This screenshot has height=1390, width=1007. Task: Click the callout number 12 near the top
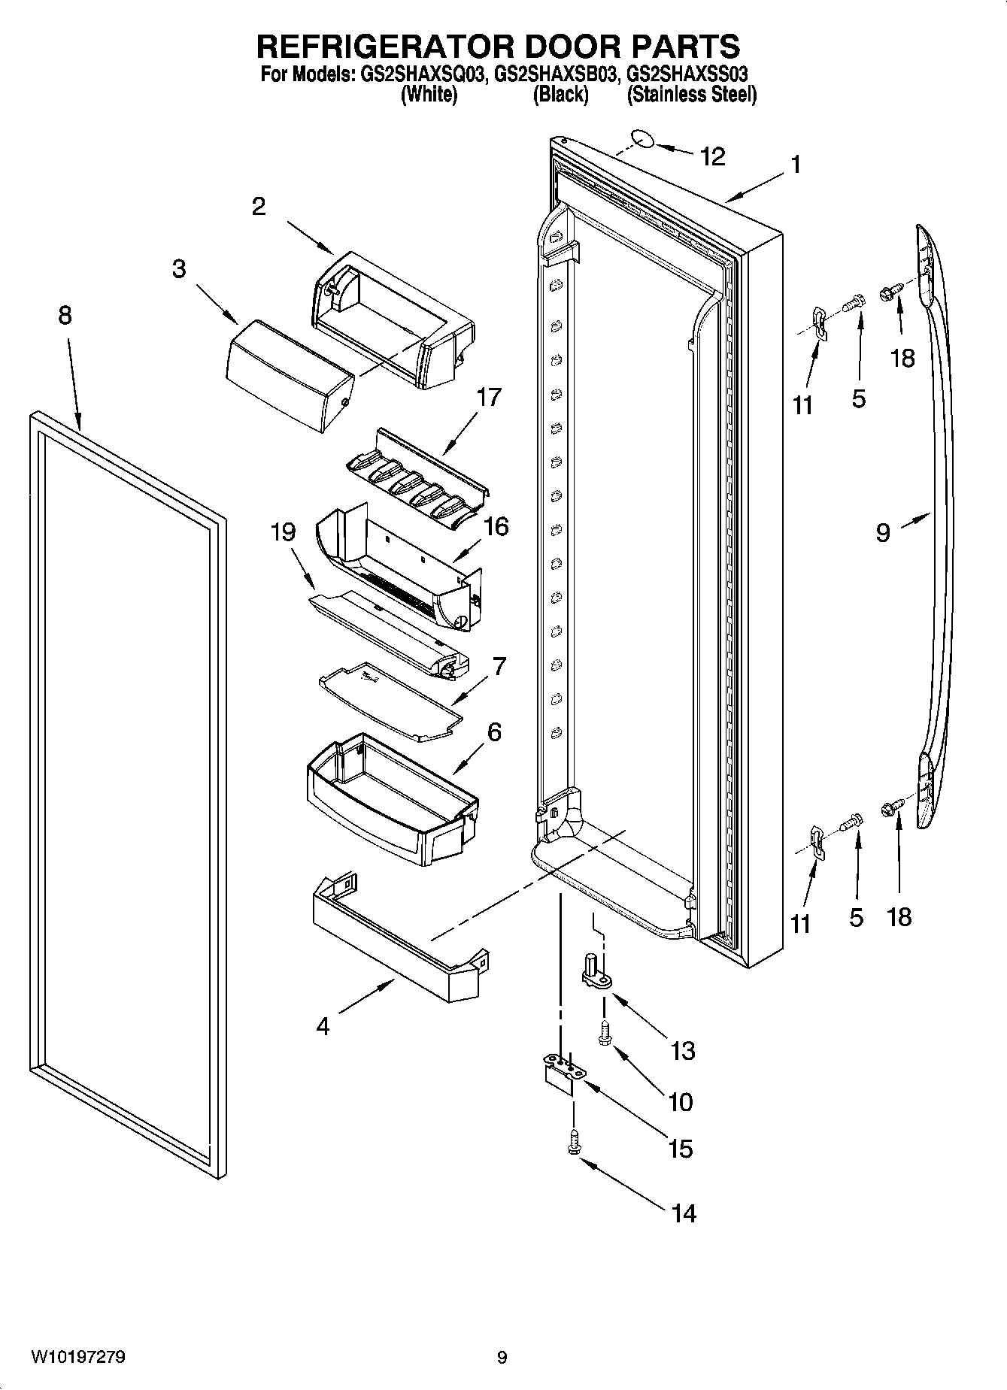[x=712, y=156]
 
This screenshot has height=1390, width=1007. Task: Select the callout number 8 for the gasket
[x=65, y=315]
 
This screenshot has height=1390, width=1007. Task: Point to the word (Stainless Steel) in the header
[x=691, y=95]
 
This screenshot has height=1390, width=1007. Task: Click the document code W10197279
[x=78, y=1357]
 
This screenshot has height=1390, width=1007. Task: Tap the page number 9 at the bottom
[x=502, y=1358]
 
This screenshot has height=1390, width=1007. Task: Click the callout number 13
[x=682, y=1050]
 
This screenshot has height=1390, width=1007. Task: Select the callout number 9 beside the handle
[x=883, y=532]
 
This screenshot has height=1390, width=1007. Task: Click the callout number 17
[x=489, y=396]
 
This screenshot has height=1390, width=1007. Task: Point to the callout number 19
[x=283, y=532]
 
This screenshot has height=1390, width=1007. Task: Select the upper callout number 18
[x=902, y=358]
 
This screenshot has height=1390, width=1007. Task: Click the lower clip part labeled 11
[x=817, y=841]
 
